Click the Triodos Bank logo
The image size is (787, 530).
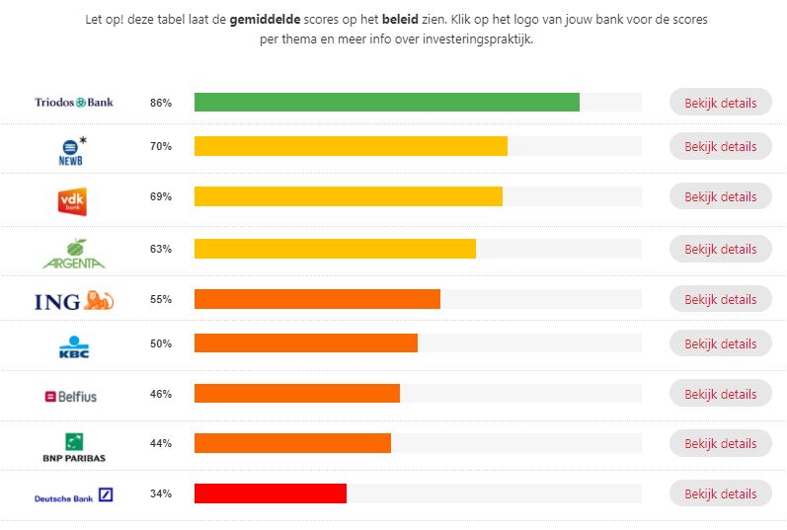[74, 102]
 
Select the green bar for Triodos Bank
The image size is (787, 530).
[386, 103]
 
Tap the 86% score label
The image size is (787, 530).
[161, 103]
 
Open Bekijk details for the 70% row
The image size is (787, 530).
[720, 146]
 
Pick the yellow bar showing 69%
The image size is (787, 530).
[348, 196]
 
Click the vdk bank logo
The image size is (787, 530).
[74, 200]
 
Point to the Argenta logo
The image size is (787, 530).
[74, 254]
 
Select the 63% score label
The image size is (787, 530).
[161, 249]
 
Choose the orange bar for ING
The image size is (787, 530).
[317, 299]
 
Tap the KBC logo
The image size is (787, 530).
[74, 347]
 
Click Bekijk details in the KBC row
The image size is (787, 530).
[720, 343]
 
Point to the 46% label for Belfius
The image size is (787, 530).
[161, 394]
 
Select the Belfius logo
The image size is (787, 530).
[71, 396]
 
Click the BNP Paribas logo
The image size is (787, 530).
[74, 447]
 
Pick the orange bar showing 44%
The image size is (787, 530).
[292, 443]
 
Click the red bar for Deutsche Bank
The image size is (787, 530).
[270, 493]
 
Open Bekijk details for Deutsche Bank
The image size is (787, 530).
[720, 493]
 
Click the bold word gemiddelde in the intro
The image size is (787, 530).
[265, 19]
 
